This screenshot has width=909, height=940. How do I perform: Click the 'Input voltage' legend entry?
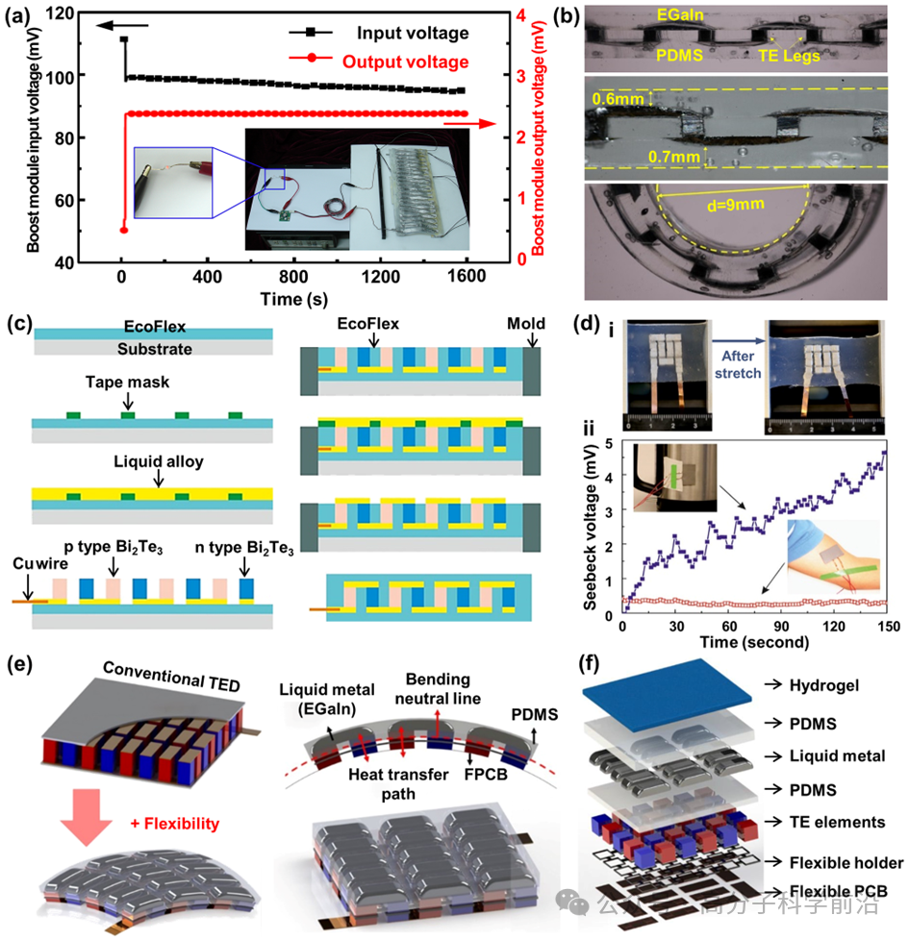(413, 34)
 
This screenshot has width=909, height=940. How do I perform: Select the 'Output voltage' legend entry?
(405, 62)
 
